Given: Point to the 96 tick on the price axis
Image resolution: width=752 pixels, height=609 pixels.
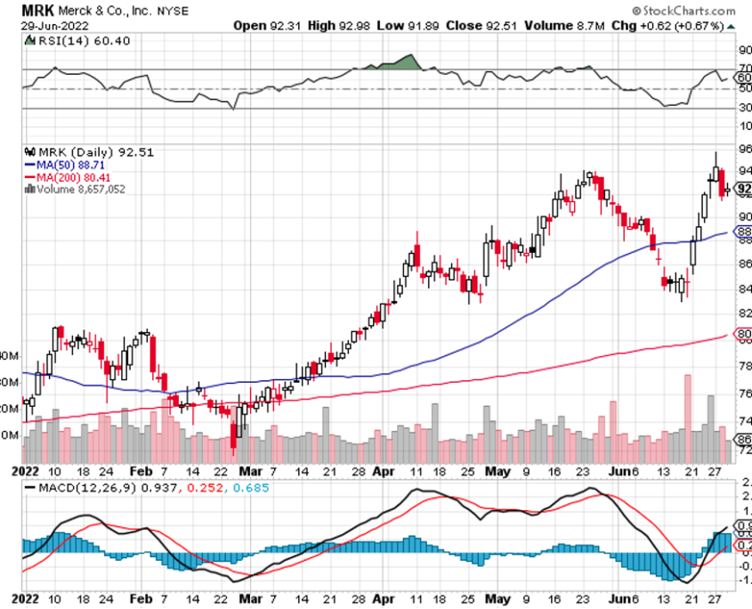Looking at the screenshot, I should (745, 150).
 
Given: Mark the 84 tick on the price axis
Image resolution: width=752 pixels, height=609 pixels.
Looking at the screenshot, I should (745, 288).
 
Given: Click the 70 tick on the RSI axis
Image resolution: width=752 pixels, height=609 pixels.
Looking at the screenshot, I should (745, 68).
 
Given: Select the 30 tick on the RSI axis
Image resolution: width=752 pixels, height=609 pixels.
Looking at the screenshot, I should (745, 109).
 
